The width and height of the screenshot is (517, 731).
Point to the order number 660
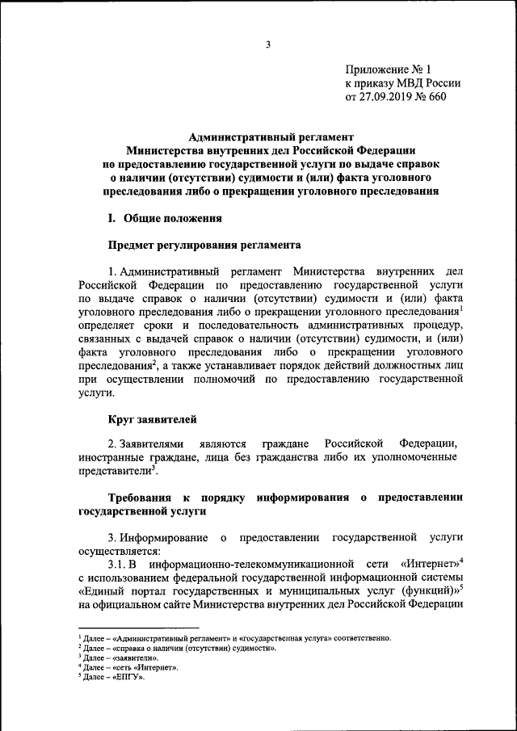pos(436,97)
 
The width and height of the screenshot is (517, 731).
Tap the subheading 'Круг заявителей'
pos(152,418)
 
